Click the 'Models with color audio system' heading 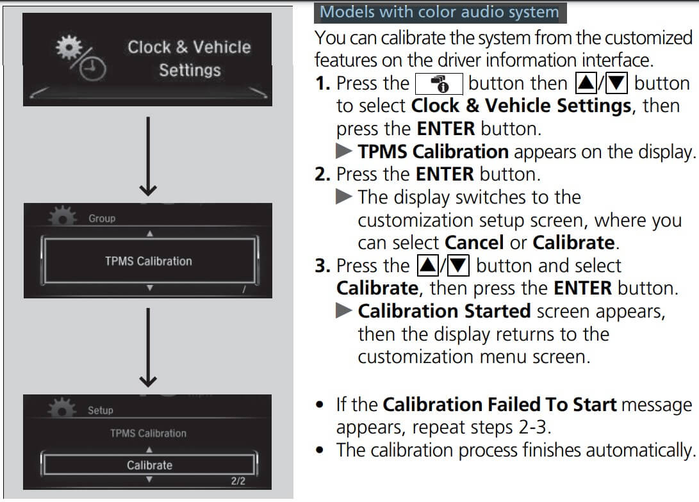[x=439, y=12]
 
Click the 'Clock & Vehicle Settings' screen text [x=189, y=58]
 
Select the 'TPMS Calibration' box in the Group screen [x=149, y=261]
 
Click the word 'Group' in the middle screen [x=102, y=219]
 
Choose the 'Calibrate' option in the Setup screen [x=149, y=466]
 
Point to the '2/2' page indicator [x=238, y=481]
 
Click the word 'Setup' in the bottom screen [x=100, y=410]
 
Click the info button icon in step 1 [x=438, y=84]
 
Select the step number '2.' [x=323, y=174]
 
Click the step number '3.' [x=323, y=266]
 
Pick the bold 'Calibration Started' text [x=444, y=311]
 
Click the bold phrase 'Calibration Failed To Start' [x=499, y=405]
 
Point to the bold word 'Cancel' [x=473, y=243]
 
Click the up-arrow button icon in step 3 [x=425, y=266]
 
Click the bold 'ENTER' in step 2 [x=445, y=174]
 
